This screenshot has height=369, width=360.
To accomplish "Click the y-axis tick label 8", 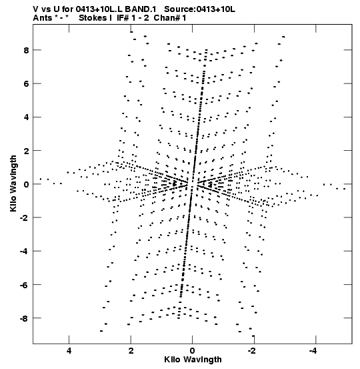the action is pos(26,50).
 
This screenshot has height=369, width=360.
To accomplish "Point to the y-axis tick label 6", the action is pos(26,84).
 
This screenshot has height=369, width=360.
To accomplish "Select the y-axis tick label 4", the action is pos(26,117).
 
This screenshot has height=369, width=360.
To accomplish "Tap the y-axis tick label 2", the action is pos(26,151).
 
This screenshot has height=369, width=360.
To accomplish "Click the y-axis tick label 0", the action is pos(26,184).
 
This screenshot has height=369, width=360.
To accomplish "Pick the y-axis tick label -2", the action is pos(24,218).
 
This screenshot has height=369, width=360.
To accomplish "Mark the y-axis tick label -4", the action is pos(24,252).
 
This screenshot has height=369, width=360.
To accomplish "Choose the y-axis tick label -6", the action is pos(24,285).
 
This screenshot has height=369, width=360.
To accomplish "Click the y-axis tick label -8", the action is pos(24,318).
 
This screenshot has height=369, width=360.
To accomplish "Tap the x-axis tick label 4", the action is pos(69,350).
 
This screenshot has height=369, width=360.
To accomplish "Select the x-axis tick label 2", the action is pos(131,350).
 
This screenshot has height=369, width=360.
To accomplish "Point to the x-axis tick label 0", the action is pos(193,350).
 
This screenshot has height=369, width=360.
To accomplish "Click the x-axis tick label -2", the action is pos(251,350).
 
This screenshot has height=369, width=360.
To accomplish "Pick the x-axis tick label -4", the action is pos(313,350).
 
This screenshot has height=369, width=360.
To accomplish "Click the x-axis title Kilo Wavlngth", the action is pos(193,360).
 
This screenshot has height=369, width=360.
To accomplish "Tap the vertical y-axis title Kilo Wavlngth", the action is pos(13,183).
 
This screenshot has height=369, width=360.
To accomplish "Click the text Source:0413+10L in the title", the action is pos(199,9).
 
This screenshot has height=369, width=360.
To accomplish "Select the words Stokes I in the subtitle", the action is pos(95,18).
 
